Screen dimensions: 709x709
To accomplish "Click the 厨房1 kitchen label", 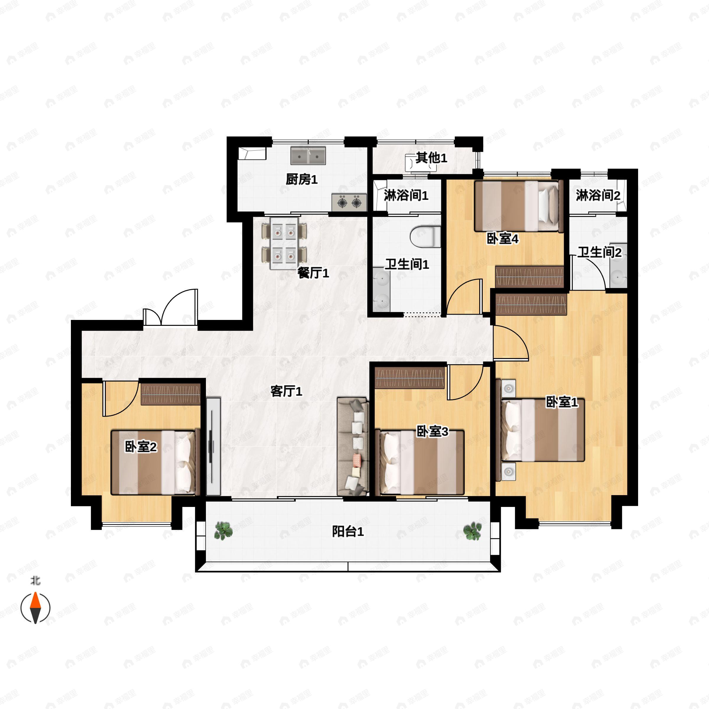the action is [x=302, y=179].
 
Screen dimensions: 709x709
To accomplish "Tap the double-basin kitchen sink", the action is [x=308, y=156].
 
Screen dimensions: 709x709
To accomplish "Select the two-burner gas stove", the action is [x=349, y=202].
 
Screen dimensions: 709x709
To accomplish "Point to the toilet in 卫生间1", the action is [x=426, y=237].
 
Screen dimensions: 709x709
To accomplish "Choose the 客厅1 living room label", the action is [x=286, y=391].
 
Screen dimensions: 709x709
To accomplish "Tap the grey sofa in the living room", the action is [x=353, y=447].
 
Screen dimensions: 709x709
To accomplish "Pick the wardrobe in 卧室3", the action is [x=409, y=378].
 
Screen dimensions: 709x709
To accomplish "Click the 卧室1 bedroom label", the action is [x=562, y=402].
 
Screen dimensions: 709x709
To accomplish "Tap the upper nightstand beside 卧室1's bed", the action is [x=508, y=388].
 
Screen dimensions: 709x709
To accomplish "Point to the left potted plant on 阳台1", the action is [x=223, y=531].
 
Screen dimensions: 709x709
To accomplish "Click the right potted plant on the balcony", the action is [x=472, y=531].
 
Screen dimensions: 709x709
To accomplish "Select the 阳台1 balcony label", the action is [x=348, y=532].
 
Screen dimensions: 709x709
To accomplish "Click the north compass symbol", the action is [x=35, y=608].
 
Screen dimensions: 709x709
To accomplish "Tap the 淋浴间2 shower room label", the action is [x=598, y=195].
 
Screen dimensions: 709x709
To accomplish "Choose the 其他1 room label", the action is [x=432, y=158].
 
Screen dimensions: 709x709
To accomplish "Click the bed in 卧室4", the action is [x=519, y=206].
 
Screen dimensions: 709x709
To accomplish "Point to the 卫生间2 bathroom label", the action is [x=600, y=253].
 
